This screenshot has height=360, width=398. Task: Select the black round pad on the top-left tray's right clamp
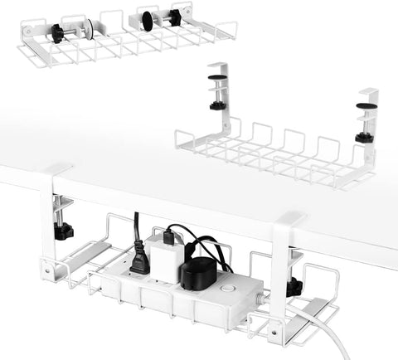tap(148, 21)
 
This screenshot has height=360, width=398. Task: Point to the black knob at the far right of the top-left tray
tap(175, 17)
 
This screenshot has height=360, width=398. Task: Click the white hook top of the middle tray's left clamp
tap(218, 66)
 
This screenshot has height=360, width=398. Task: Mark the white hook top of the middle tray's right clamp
tap(368, 92)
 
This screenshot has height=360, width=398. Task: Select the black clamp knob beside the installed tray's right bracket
tap(293, 288)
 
